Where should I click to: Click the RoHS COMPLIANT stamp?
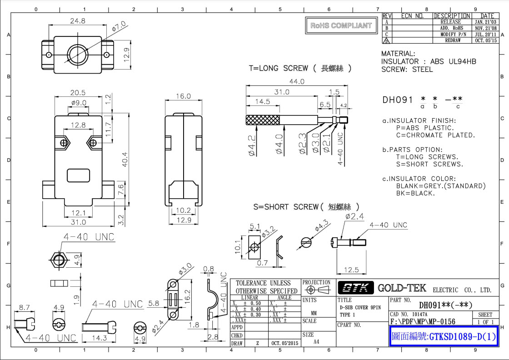pos(341,26)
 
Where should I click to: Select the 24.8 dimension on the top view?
pos(78,20)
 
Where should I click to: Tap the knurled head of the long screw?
pos(262,120)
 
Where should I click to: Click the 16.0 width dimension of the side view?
pos(183,96)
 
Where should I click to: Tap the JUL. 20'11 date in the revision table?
pos(485,34)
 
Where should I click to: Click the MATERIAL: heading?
pos(398,54)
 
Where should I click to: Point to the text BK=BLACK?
pos(415,193)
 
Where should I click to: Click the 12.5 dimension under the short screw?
pos(351,270)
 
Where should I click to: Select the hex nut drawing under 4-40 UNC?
pos(58,260)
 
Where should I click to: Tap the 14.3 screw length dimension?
pos(99,339)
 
